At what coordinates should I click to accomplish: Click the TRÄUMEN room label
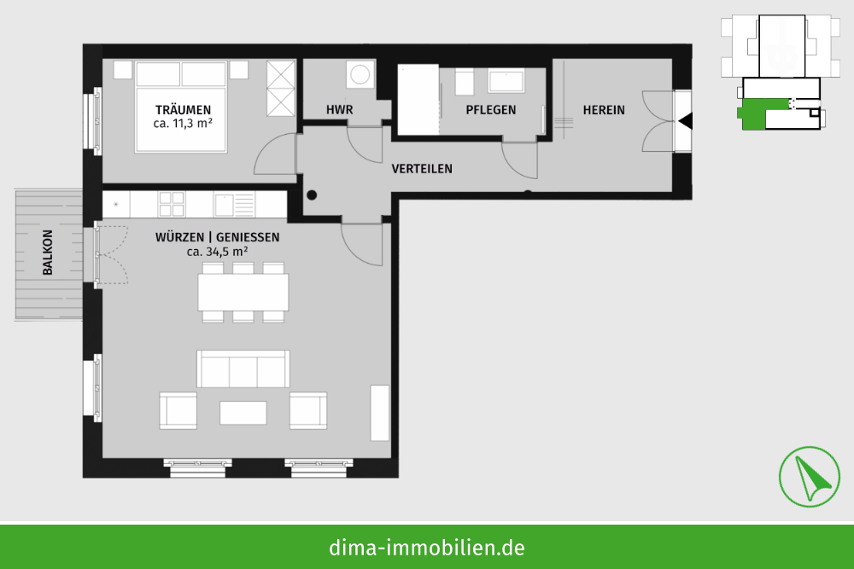point(183,110)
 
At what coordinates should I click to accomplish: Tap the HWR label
point(339,110)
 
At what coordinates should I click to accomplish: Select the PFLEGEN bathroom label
point(491,110)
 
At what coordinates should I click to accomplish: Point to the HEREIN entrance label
point(604,110)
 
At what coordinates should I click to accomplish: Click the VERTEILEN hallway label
point(422,169)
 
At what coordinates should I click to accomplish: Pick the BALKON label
point(48,253)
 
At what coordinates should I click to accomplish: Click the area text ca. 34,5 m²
point(217,252)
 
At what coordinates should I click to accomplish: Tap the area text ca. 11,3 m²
point(183,124)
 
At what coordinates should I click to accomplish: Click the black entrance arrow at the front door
point(685,121)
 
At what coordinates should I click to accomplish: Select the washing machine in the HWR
point(360,74)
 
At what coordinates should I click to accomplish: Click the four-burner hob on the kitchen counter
point(171,205)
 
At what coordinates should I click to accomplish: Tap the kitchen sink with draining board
point(234,205)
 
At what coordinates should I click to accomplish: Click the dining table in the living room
point(243,292)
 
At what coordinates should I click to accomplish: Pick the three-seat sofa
point(243,369)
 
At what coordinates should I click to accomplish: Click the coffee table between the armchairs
point(243,413)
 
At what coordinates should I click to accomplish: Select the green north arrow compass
point(810,477)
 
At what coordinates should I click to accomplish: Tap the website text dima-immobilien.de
point(427,548)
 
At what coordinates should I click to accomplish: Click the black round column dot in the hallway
point(312,195)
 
